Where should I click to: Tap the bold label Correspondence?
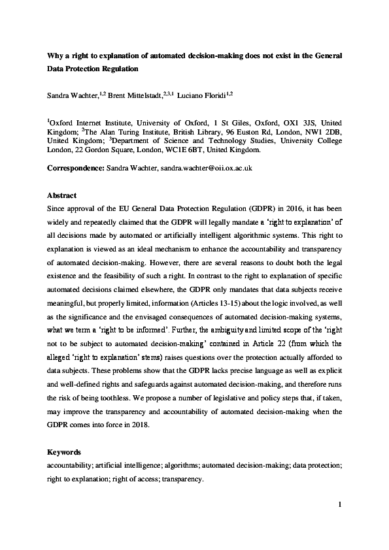75,168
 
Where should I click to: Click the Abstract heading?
63,195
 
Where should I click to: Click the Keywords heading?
65,452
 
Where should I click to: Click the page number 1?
341,504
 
